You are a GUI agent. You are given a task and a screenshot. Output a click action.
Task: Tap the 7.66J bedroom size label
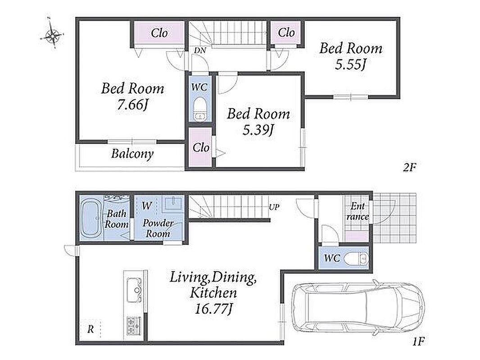[x=132, y=105]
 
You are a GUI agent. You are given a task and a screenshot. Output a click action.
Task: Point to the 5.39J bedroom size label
[x=258, y=130]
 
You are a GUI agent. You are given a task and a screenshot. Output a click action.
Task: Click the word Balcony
[x=132, y=153]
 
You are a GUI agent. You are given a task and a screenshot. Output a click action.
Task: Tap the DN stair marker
[x=200, y=50]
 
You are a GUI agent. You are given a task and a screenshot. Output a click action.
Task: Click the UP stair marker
[x=274, y=207]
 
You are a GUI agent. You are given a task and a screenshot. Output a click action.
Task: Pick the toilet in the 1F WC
[x=356, y=259]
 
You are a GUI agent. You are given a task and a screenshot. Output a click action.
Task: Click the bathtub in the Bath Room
[x=91, y=218]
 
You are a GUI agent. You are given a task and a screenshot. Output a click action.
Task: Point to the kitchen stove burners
[x=134, y=326]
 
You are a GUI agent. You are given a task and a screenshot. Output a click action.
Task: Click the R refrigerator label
[x=91, y=329]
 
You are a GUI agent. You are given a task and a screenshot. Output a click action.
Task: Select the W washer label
[x=147, y=206]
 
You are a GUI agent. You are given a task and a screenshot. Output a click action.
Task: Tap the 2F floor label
[x=409, y=167]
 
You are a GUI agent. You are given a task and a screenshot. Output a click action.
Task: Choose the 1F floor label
[x=418, y=341]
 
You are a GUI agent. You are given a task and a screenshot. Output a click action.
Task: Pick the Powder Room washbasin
[x=172, y=203]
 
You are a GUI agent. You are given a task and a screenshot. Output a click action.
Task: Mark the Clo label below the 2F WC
[x=201, y=148]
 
